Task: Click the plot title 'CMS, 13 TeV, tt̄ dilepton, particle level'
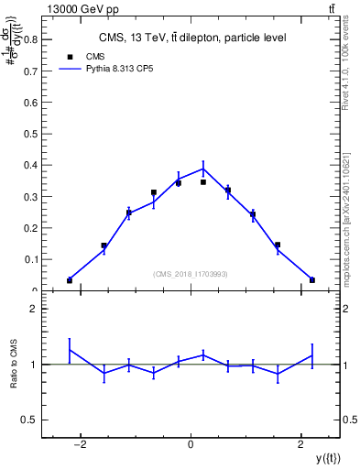pyautogui.click(x=192, y=38)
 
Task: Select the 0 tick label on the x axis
pyautogui.click(x=191, y=446)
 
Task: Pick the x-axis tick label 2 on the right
pyautogui.click(x=301, y=446)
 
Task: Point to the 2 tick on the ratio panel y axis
pyautogui.click(x=33, y=310)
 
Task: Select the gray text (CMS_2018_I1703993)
pyautogui.click(x=191, y=273)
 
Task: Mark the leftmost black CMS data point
pyautogui.click(x=70, y=280)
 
